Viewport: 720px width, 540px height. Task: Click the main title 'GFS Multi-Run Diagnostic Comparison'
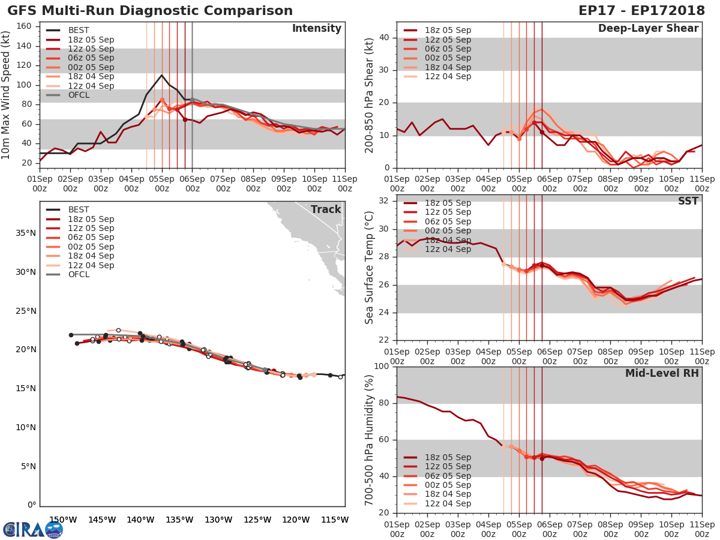tap(150, 11)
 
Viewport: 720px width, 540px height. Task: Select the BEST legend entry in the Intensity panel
tap(79, 31)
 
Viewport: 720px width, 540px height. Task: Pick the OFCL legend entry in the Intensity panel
tap(79, 95)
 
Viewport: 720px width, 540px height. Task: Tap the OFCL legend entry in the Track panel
tap(79, 274)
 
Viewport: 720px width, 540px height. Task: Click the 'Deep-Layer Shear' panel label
tap(648, 29)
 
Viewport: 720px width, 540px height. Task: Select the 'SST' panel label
tap(688, 201)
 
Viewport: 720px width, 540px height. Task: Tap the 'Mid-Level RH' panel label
tap(662, 373)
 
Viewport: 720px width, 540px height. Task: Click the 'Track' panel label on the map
tap(326, 209)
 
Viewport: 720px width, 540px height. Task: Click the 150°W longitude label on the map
tap(62, 520)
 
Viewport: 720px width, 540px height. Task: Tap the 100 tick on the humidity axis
tap(380, 367)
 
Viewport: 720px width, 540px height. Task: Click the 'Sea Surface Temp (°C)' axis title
tap(370, 267)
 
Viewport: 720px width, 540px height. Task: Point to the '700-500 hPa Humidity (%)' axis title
tap(370, 439)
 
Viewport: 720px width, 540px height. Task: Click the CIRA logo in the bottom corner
tap(33, 529)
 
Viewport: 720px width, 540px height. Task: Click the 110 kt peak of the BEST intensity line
tap(161, 75)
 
